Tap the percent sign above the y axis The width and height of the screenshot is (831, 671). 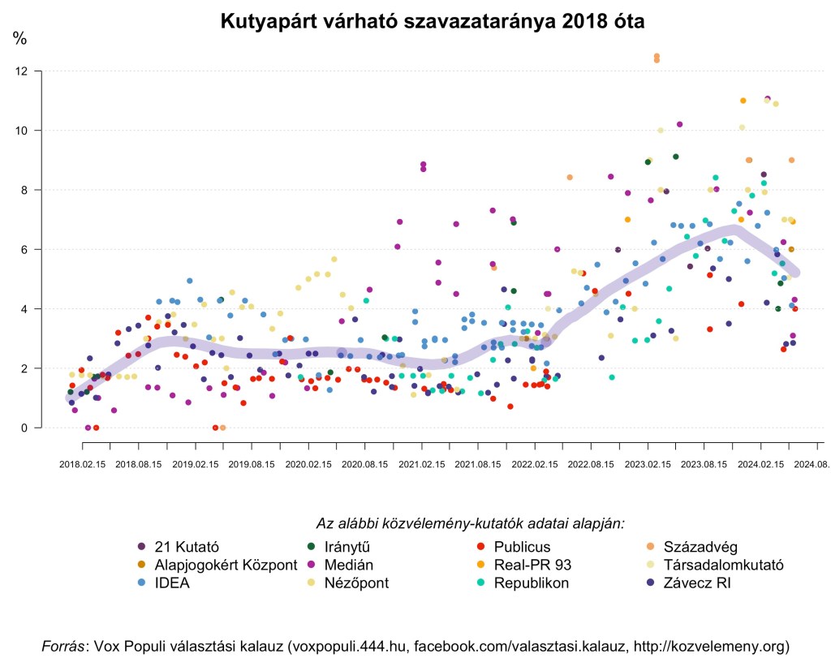tap(19, 38)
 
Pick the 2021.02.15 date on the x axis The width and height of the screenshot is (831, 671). tap(422, 465)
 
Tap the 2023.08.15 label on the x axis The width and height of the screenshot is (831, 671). tap(704, 465)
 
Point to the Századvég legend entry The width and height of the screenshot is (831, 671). tap(700, 546)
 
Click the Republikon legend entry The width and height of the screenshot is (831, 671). tap(531, 583)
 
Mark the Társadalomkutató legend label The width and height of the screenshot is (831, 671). tap(723, 565)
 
